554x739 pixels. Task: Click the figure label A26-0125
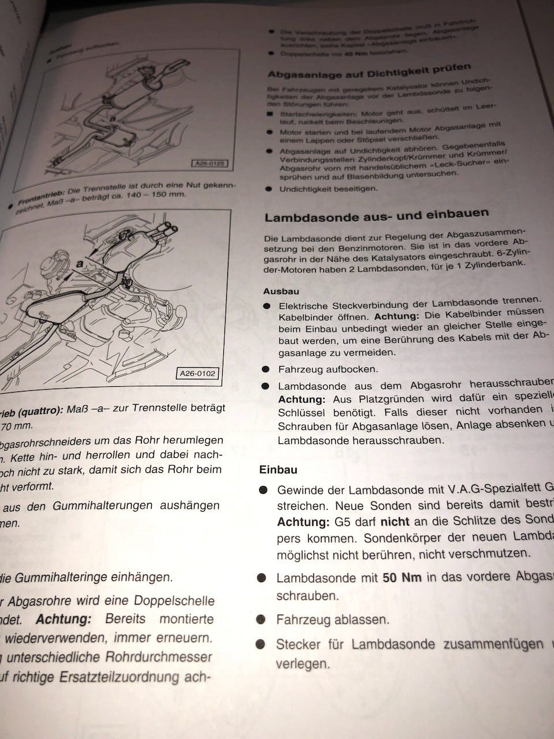tap(209, 164)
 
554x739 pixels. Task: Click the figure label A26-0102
tap(197, 374)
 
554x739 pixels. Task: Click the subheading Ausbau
tap(281, 292)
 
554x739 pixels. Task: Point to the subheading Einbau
tap(278, 470)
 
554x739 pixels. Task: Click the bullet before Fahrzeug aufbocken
tap(265, 369)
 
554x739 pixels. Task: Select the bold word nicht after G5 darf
tap(395, 522)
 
